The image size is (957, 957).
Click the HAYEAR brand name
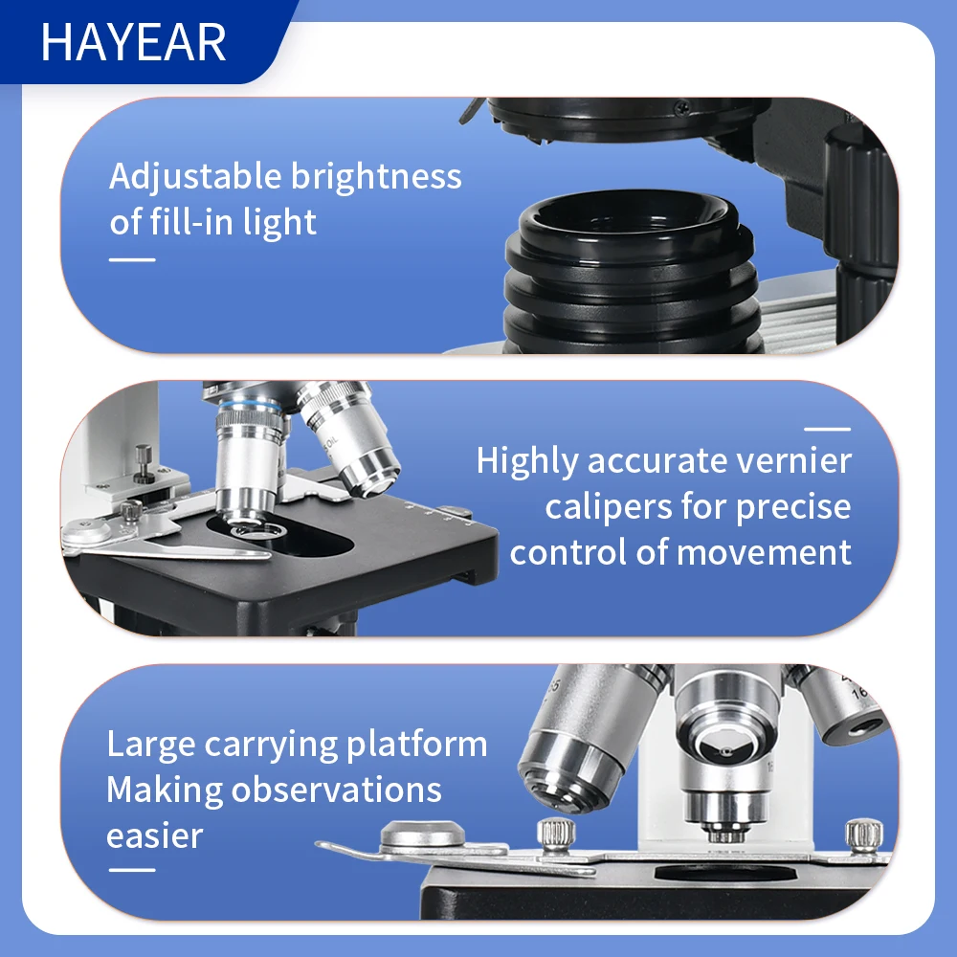coord(134,43)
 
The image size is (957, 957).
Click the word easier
coord(154,836)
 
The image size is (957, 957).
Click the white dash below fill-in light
coord(132,259)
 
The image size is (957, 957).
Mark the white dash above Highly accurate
coord(827,430)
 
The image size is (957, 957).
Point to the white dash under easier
coord(132,870)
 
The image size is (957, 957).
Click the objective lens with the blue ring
coord(249,459)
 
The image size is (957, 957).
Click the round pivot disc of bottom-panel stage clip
coord(422,837)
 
